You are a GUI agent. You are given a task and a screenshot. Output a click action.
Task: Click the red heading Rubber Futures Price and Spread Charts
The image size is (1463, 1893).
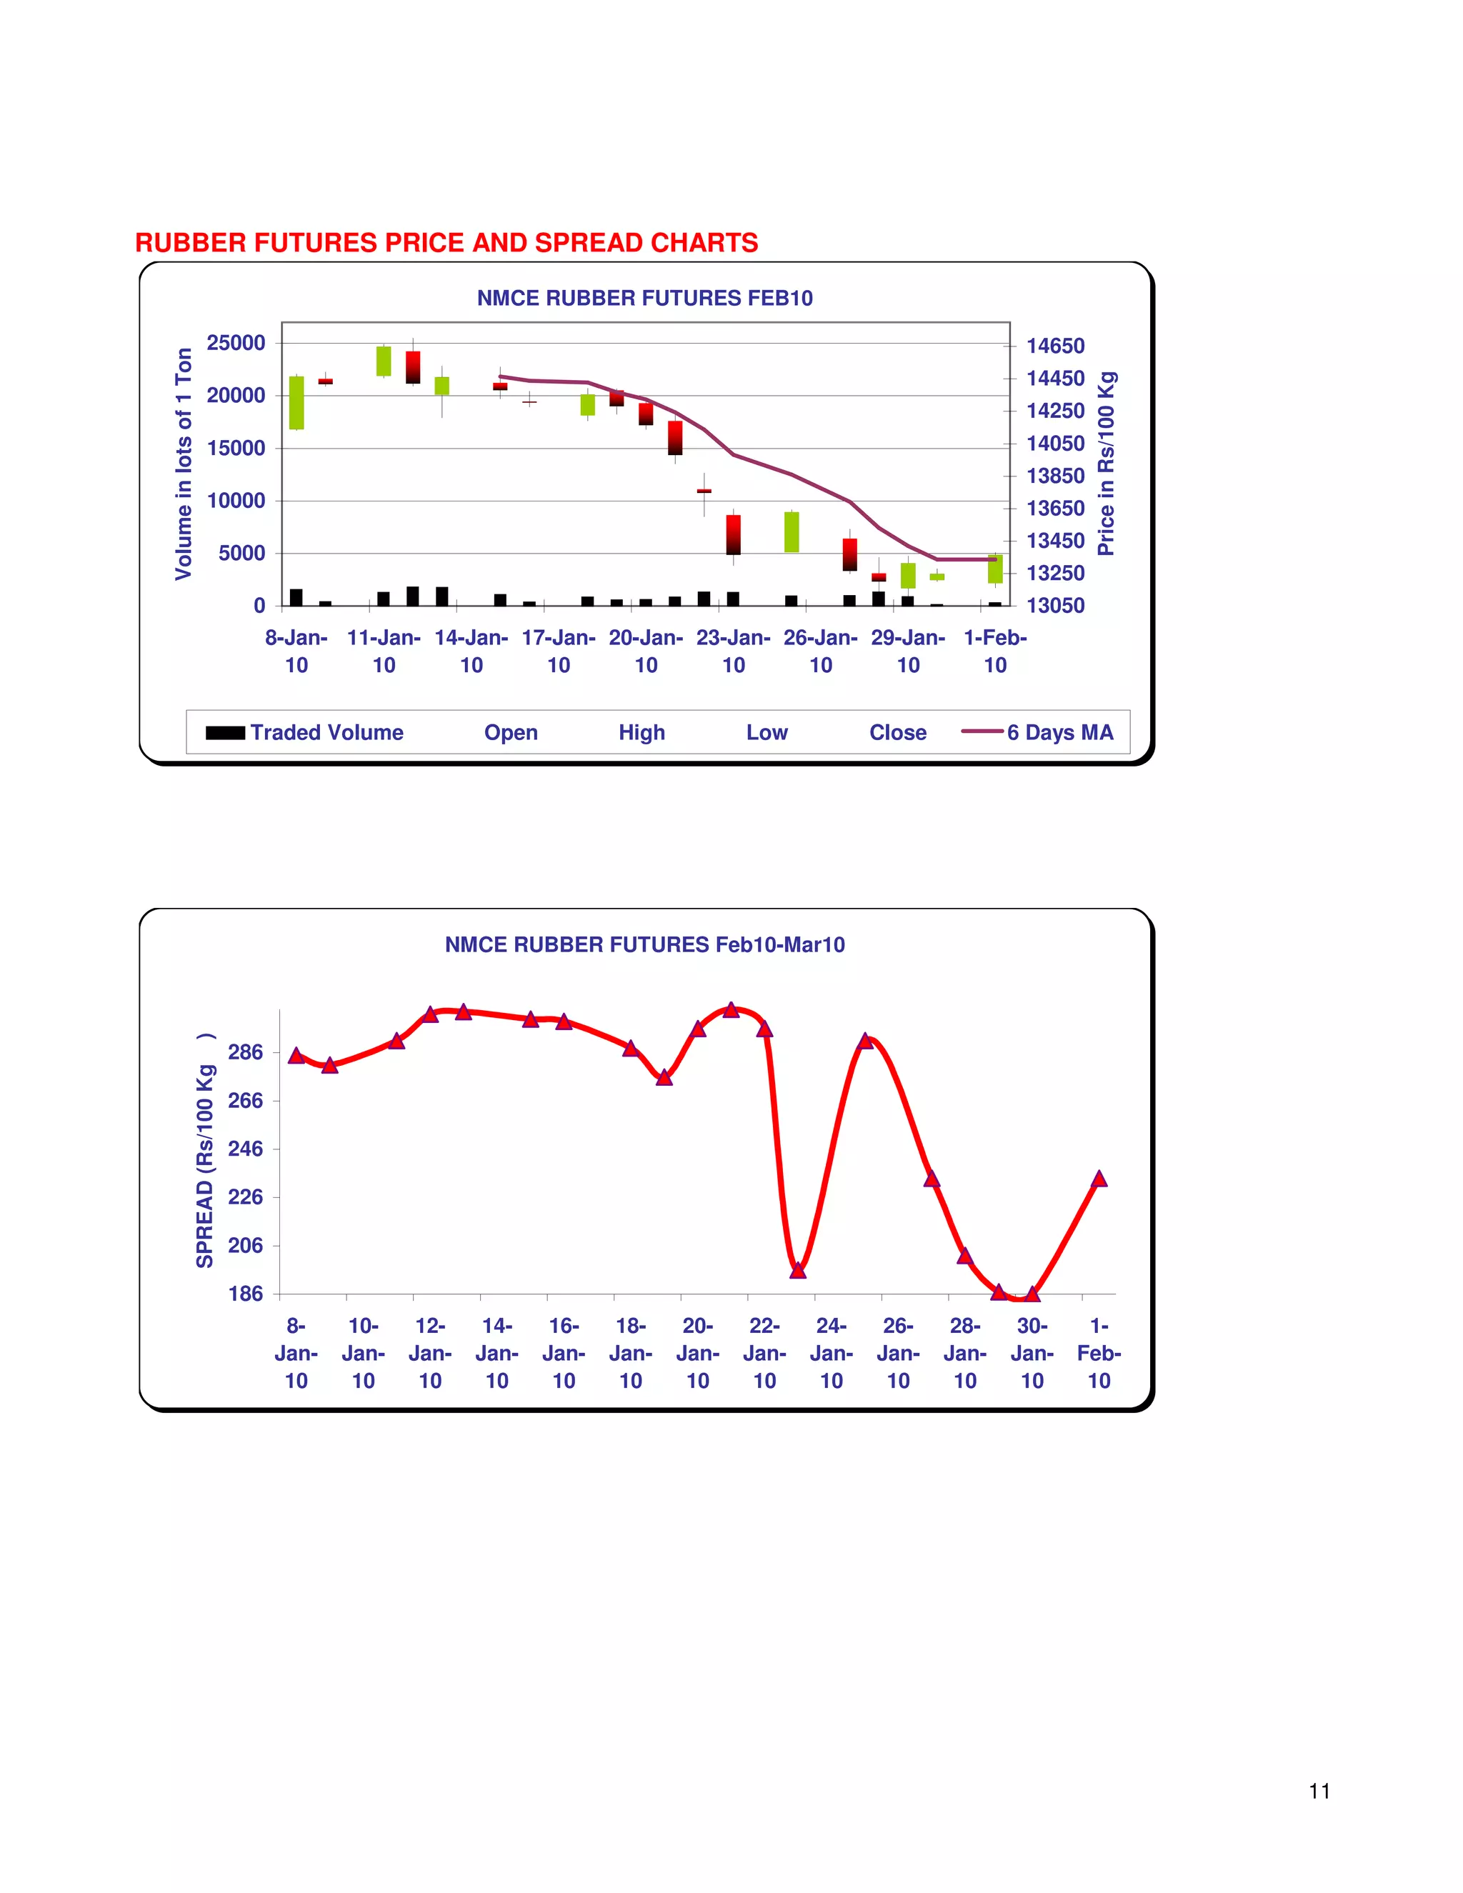coord(446,243)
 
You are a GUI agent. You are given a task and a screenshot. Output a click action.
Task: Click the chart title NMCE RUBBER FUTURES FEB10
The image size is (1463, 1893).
coord(645,298)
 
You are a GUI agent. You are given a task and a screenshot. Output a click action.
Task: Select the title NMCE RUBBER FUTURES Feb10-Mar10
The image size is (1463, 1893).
coord(645,945)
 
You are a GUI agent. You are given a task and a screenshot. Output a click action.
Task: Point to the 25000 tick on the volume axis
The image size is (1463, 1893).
coord(236,343)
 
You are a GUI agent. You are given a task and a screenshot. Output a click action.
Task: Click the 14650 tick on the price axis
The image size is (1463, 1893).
coord(1056,346)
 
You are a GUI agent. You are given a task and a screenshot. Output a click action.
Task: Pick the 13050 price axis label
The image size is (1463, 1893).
coord(1056,606)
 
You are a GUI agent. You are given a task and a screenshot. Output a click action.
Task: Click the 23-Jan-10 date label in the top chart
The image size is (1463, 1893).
coord(733,651)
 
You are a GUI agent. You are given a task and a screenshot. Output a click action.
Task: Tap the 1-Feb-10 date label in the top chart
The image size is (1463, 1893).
coord(995,651)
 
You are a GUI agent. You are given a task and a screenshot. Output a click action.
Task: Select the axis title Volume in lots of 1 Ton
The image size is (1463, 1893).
coord(183,464)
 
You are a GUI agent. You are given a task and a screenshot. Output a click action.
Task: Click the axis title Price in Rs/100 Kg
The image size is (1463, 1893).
coord(1107,464)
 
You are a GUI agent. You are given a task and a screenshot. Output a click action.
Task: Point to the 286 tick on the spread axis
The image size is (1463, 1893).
coord(245,1052)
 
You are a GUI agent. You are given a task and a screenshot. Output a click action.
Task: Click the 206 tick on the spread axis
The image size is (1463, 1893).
coord(245,1246)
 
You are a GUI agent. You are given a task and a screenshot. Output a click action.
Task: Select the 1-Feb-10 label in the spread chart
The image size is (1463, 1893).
coord(1099,1353)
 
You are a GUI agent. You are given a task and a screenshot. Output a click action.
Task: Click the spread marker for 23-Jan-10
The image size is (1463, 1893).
coord(798,1271)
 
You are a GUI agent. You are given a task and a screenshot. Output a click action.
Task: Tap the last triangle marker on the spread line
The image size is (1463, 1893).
coord(1099,1179)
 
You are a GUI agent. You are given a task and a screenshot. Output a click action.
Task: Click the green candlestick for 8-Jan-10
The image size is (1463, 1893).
coord(296,403)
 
